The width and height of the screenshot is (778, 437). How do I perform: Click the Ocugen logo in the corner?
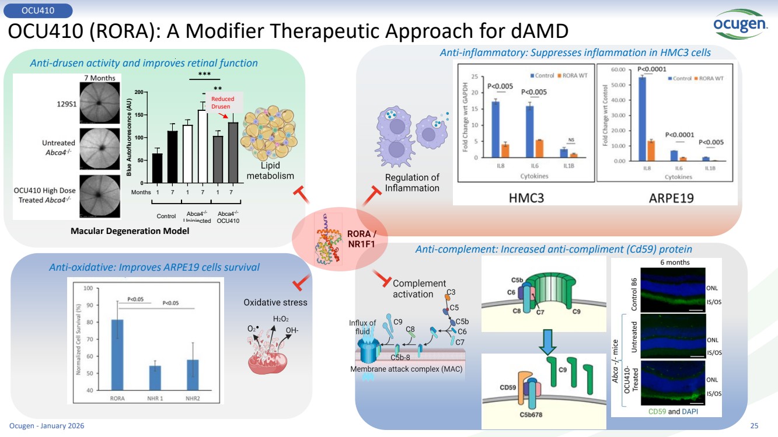point(740,23)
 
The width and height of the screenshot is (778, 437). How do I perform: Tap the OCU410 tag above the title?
point(38,10)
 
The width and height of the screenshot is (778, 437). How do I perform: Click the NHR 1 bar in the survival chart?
point(155,377)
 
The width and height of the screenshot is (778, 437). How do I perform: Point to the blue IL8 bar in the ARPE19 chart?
point(642,119)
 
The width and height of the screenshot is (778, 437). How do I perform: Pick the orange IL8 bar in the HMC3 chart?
point(505,151)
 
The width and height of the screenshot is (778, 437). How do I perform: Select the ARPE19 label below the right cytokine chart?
point(672,198)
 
